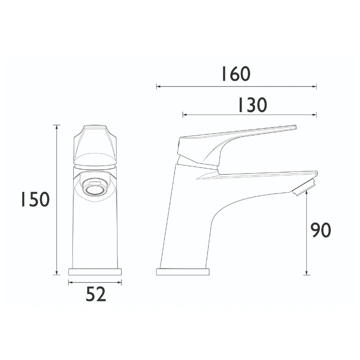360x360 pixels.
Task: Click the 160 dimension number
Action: pyautogui.click(x=235, y=74)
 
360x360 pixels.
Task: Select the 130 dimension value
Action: pyautogui.click(x=252, y=105)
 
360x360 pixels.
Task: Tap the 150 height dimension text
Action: pyautogui.click(x=34, y=199)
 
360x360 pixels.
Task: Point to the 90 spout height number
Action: pyautogui.click(x=321, y=230)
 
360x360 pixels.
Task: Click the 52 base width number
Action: pyautogui.click(x=95, y=295)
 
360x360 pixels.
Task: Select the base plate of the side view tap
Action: pyautogui.click(x=183, y=272)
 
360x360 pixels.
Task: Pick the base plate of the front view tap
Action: pyautogui.click(x=95, y=272)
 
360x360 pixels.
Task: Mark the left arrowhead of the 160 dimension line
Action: pyautogui.click(x=158, y=86)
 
